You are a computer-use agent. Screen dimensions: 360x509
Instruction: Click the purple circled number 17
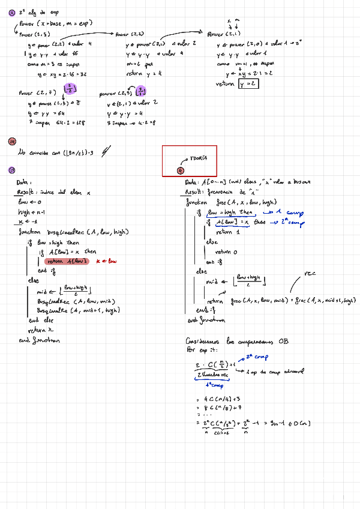12,170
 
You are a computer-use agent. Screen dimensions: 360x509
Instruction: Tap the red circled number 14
12,142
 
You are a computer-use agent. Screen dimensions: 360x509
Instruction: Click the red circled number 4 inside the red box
181,170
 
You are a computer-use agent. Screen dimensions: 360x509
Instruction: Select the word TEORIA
198,158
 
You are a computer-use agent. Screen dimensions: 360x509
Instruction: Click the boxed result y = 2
248,84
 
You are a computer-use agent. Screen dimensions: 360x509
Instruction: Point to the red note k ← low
106,262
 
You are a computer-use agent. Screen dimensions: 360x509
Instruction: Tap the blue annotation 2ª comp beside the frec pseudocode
292,221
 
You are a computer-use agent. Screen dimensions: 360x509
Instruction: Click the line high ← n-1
32,212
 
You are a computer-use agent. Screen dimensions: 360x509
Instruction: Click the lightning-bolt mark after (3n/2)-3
106,152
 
